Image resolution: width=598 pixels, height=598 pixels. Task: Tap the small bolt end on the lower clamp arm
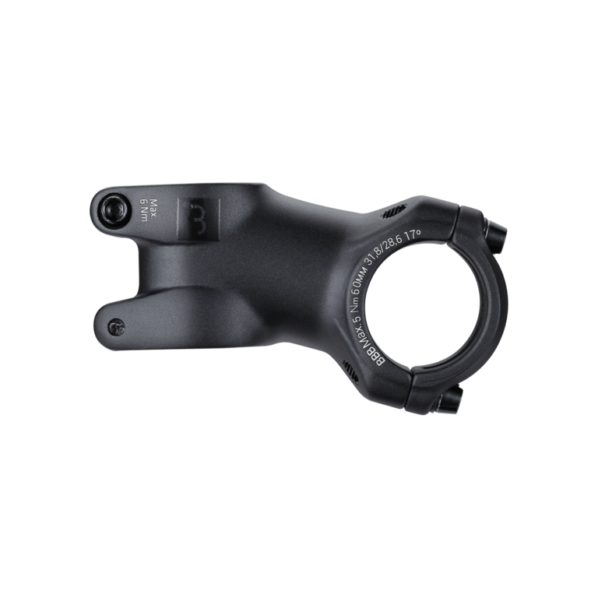point(116,327)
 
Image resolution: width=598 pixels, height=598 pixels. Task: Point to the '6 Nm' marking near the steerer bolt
point(144,209)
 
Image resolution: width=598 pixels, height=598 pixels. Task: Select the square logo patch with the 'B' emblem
point(199,220)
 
